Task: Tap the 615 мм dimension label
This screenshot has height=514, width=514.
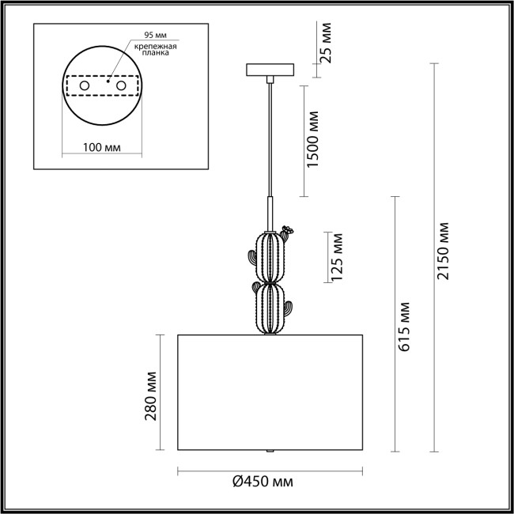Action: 405,325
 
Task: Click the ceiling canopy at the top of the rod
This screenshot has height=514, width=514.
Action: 271,71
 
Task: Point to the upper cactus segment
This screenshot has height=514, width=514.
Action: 271,255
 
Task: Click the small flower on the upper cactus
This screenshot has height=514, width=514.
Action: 287,231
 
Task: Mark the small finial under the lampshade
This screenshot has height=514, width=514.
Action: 271,451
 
